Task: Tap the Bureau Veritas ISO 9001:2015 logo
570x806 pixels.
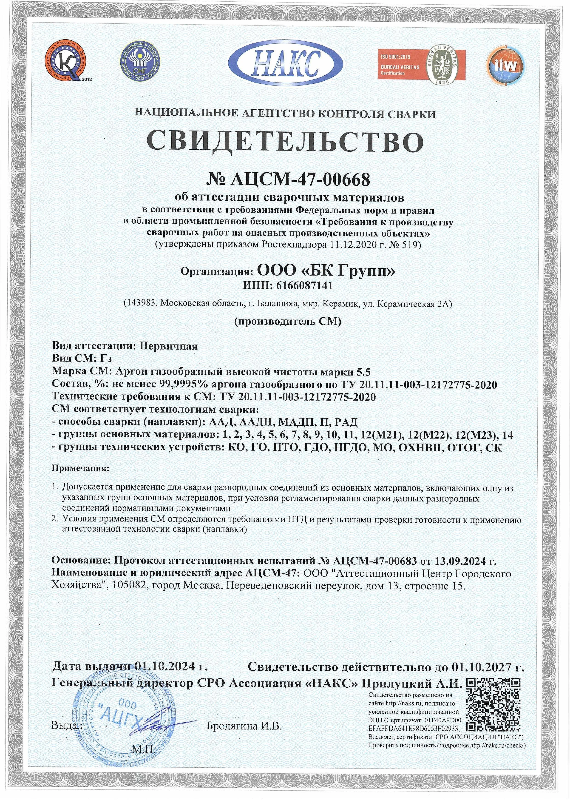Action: click(x=421, y=65)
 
